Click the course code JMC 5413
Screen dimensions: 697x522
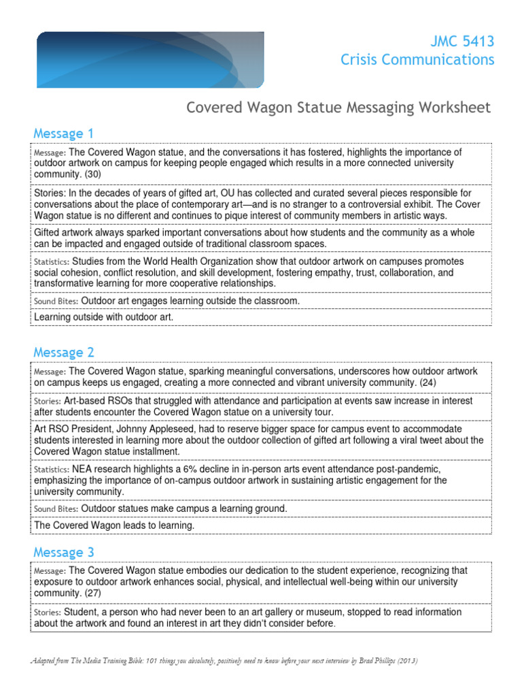click(463, 42)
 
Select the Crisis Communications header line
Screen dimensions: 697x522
click(417, 60)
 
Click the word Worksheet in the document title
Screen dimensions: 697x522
click(452, 108)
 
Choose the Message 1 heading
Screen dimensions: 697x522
click(63, 133)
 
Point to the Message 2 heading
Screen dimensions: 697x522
click(63, 352)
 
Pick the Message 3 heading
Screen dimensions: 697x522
click(63, 551)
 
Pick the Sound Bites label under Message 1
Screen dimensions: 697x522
click(56, 301)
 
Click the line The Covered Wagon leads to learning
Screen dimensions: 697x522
click(114, 525)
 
